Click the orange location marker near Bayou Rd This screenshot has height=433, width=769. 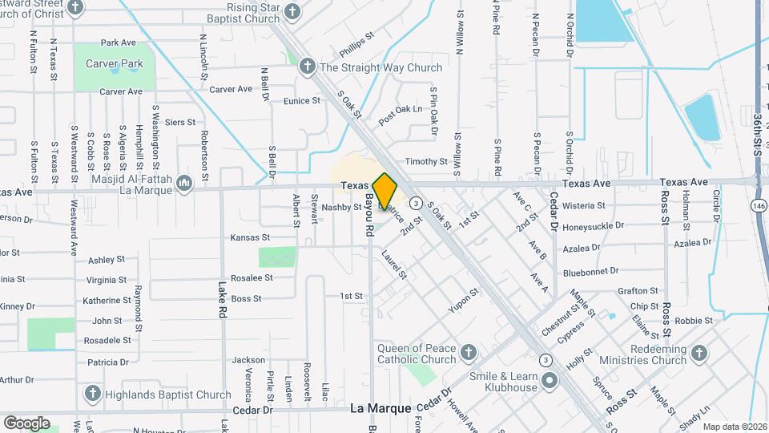point(385,192)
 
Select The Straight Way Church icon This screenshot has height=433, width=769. point(307,67)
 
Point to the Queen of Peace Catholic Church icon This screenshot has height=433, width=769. point(468,353)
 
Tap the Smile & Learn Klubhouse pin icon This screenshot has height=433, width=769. point(549,382)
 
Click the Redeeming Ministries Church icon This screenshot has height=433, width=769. point(699,353)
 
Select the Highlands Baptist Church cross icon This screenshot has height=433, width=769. point(92,394)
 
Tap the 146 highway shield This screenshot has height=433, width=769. point(758,206)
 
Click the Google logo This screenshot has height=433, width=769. point(26,423)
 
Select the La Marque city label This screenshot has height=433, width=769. point(380,409)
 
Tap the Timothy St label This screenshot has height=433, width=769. point(426,161)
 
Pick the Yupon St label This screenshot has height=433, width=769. point(463,299)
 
